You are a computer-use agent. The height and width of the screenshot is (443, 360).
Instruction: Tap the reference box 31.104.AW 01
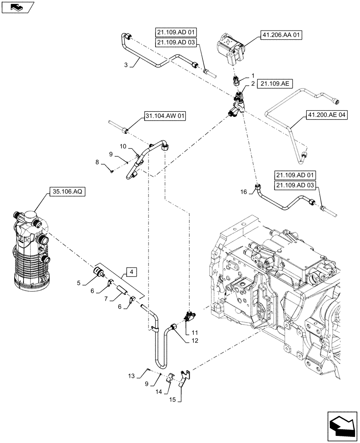click(165, 117)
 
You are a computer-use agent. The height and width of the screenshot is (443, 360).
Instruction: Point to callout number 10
click(123, 146)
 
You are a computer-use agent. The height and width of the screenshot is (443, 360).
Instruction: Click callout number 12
click(196, 341)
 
